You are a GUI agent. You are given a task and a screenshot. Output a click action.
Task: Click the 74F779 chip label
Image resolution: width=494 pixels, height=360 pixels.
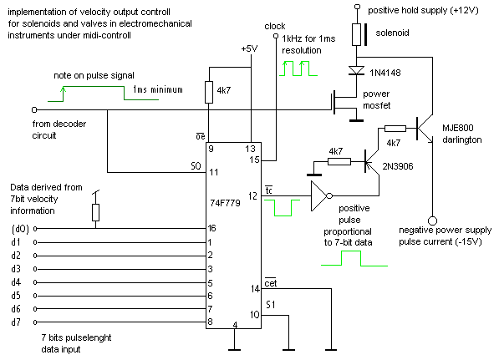pyautogui.click(x=225, y=203)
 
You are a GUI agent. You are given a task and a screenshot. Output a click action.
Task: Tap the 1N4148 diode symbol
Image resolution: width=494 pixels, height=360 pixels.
pyautogui.click(x=356, y=70)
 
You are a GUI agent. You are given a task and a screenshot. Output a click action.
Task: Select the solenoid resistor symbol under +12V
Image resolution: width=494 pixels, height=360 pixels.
pyautogui.click(x=356, y=34)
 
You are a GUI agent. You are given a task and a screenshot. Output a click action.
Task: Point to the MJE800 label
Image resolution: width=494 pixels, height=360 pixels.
pyautogui.click(x=458, y=128)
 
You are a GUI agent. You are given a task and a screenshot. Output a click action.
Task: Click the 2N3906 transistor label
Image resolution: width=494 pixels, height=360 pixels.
pyautogui.click(x=398, y=166)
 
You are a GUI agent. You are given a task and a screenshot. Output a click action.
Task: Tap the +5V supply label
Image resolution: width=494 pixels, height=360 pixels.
pyautogui.click(x=249, y=48)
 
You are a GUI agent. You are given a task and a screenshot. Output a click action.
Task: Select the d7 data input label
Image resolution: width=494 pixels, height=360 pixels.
pyautogui.click(x=16, y=322)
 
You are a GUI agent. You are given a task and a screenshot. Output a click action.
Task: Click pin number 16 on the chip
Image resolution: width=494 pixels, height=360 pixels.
pyautogui.click(x=211, y=228)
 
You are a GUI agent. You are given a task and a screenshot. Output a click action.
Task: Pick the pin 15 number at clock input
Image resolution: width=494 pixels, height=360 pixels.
pyautogui.click(x=254, y=160)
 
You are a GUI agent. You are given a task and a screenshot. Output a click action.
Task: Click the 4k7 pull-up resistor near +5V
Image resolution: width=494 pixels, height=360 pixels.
pyautogui.click(x=209, y=92)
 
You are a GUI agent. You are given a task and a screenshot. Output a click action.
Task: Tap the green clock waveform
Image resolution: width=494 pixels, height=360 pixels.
pyautogui.click(x=298, y=68)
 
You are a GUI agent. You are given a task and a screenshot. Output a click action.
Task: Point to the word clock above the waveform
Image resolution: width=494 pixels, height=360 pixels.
pyautogui.click(x=275, y=26)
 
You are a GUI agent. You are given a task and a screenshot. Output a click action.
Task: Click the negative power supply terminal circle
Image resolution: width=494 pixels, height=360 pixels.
pyautogui.click(x=433, y=221)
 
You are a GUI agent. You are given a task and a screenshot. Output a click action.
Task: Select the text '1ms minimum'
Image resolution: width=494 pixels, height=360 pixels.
pyautogui.click(x=157, y=89)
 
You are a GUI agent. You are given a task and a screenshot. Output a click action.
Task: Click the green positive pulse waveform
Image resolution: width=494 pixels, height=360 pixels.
pyautogui.click(x=354, y=258)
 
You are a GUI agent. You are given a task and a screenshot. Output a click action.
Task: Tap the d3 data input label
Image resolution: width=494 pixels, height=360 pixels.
pyautogui.click(x=16, y=269)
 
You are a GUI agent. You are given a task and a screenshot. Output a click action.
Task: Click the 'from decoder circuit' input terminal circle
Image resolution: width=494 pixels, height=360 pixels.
pyautogui.click(x=34, y=109)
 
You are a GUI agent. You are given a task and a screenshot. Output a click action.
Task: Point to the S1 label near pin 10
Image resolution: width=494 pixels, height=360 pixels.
pyautogui.click(x=270, y=305)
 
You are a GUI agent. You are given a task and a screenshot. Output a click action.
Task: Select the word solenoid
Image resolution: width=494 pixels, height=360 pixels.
pyautogui.click(x=392, y=33)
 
